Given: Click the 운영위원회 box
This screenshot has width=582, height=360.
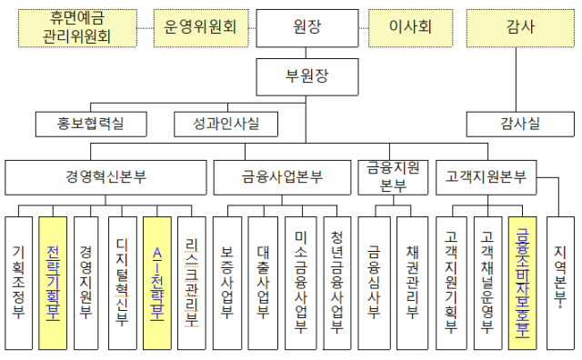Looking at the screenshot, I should [x=201, y=27].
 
